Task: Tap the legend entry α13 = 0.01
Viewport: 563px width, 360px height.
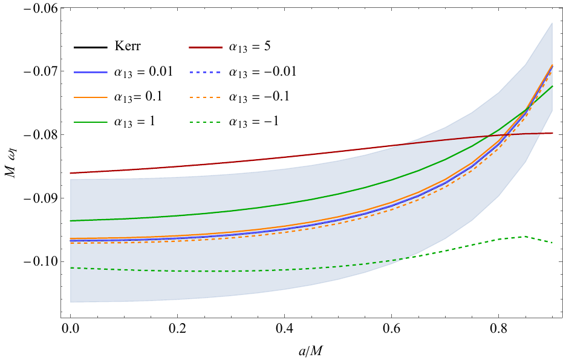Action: tap(144, 71)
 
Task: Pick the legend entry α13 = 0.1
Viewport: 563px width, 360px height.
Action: tap(142, 96)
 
